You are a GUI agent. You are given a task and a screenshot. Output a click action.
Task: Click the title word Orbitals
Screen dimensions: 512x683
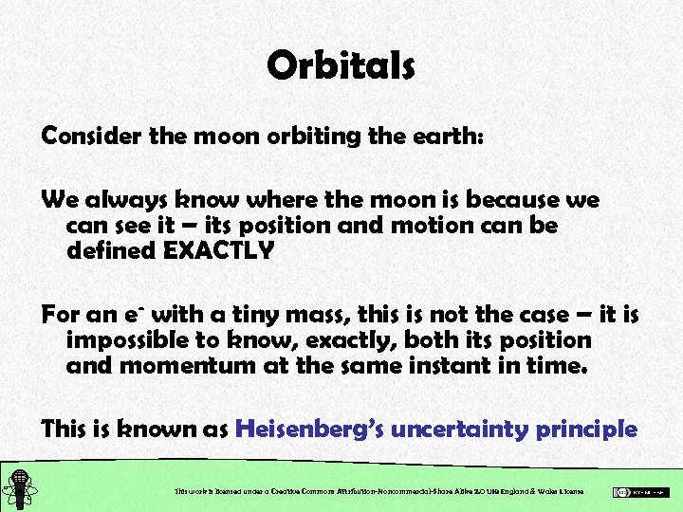(341, 65)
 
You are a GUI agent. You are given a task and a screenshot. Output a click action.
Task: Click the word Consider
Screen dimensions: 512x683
(92, 136)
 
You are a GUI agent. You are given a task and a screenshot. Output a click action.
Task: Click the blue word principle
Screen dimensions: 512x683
(586, 429)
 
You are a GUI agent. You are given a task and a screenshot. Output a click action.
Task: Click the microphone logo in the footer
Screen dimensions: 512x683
(18, 488)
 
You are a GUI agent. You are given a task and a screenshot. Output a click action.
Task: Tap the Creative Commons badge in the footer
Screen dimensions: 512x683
(641, 492)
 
